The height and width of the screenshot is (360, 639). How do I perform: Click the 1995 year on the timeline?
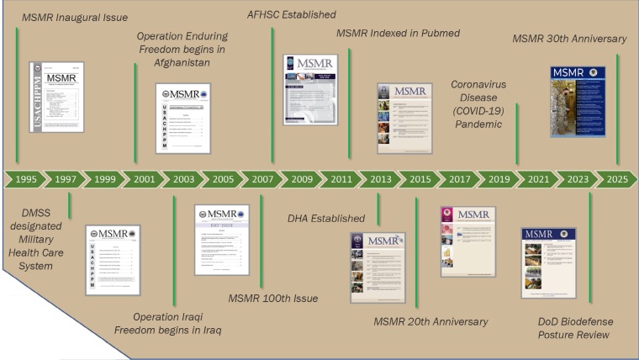click(25, 179)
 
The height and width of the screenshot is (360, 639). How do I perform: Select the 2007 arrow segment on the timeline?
click(261, 179)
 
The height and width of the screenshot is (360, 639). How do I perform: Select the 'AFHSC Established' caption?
click(292, 14)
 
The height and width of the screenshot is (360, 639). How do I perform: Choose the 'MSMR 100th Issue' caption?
click(278, 298)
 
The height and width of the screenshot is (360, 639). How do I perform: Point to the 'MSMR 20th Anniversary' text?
click(430, 320)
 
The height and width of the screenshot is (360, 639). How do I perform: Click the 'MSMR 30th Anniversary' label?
click(570, 39)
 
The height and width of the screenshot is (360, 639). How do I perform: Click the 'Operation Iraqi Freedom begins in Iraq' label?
click(168, 323)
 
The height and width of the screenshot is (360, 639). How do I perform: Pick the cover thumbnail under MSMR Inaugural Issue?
click(58, 96)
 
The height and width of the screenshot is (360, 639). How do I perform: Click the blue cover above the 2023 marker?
click(578, 101)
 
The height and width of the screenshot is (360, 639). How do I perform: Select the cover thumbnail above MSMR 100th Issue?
click(222, 239)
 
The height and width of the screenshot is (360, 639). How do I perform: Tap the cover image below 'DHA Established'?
click(378, 267)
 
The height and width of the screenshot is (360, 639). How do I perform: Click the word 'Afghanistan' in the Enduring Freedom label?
click(179, 68)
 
